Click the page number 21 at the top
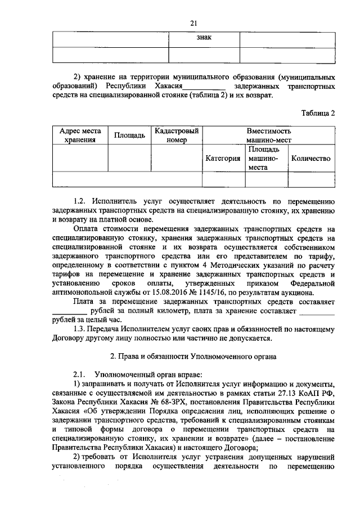pyautogui.click(x=193, y=23)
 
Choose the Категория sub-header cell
pyautogui.click(x=223, y=159)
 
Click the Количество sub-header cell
pyautogui.click(x=310, y=159)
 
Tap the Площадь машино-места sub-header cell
pyautogui.click(x=266, y=159)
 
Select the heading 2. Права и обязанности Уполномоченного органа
pyautogui.click(x=193, y=357)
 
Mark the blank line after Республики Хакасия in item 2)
pyautogui.click(x=205, y=87)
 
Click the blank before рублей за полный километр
pyautogui.click(x=69, y=312)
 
